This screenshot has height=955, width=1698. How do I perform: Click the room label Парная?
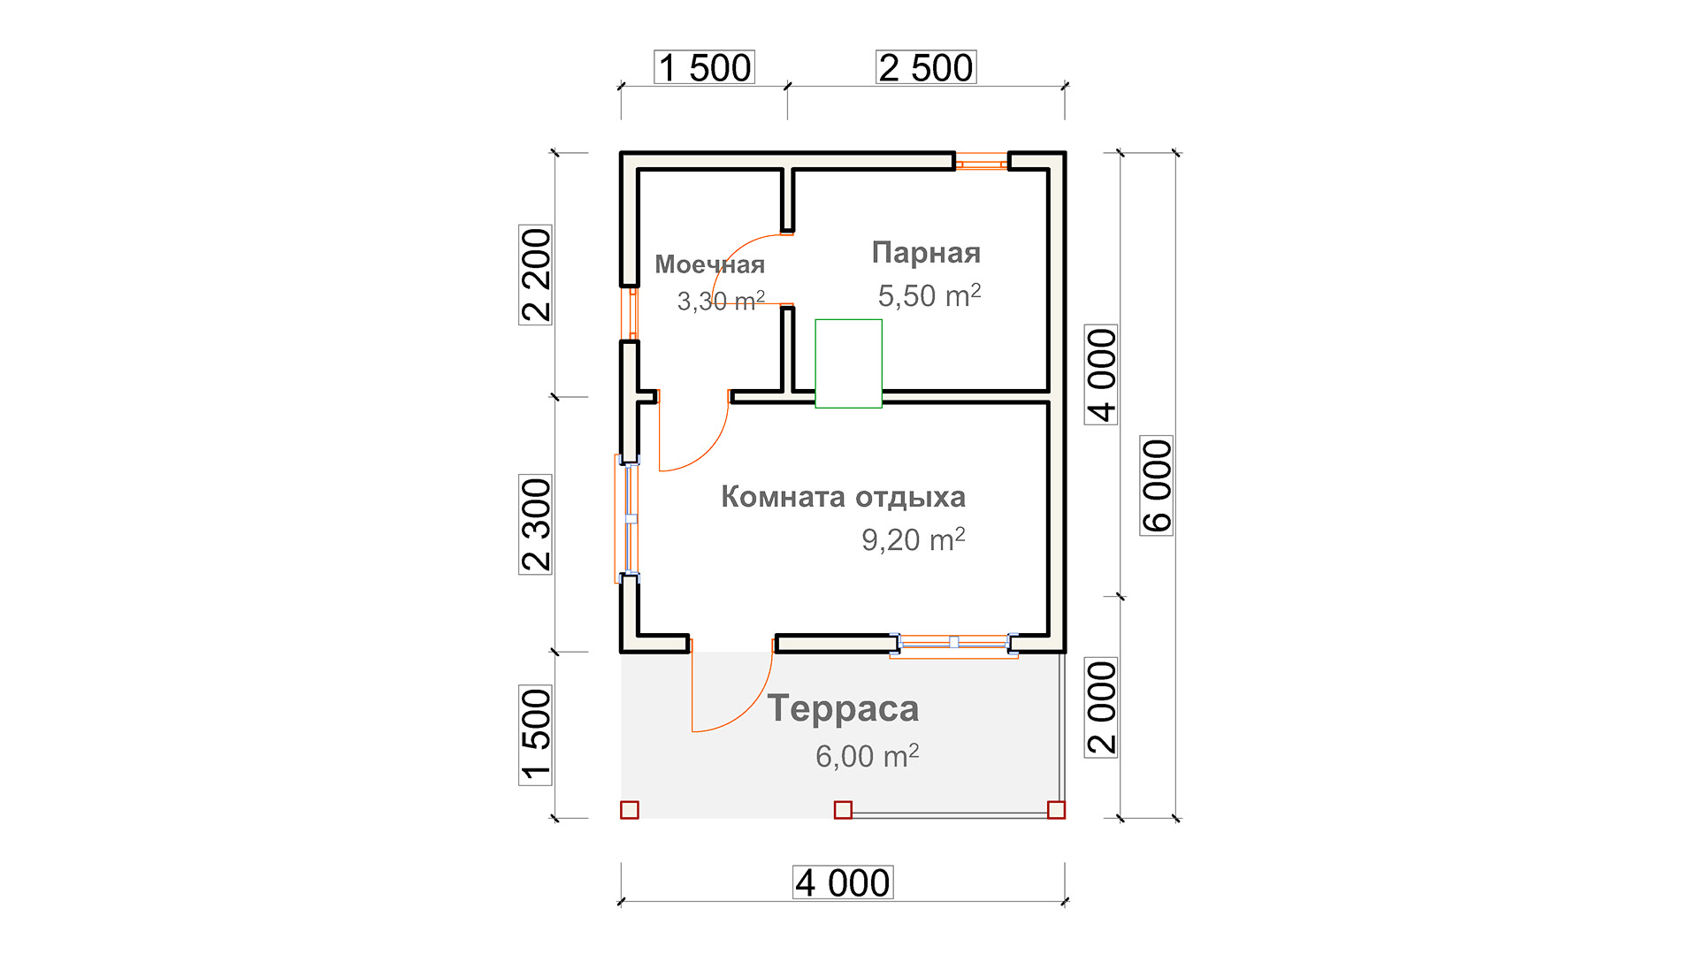click(926, 253)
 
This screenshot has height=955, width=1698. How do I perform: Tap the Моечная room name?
click(709, 264)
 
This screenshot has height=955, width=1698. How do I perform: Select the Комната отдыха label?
click(843, 497)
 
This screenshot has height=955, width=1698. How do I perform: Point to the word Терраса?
click(843, 708)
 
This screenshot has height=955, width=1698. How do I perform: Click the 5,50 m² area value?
click(929, 295)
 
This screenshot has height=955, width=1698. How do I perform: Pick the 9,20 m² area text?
click(914, 539)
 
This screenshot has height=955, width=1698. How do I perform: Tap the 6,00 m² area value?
click(868, 756)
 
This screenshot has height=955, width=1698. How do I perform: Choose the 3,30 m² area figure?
click(721, 301)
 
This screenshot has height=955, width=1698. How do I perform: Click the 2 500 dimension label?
click(926, 67)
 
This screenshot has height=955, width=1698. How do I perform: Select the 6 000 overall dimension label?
click(1157, 485)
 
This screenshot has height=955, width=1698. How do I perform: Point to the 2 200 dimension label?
click(535, 275)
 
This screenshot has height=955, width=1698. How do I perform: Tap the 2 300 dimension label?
click(535, 524)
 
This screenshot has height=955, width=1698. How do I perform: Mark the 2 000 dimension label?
click(1101, 707)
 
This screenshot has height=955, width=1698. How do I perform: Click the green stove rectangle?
click(848, 363)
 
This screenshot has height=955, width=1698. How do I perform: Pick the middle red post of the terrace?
click(843, 810)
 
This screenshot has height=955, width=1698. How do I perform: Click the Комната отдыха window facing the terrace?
click(953, 645)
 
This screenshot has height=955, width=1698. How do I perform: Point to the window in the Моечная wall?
click(629, 313)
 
